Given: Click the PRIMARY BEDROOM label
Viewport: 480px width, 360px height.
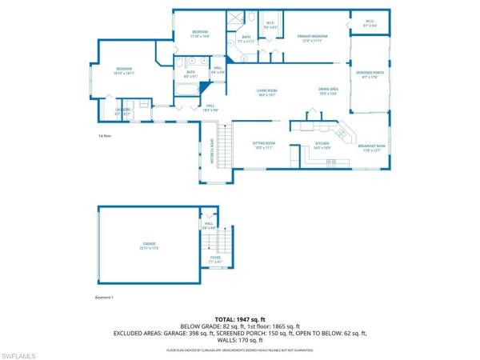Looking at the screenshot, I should click(x=314, y=37).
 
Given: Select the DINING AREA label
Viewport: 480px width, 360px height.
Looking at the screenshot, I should click(x=329, y=90).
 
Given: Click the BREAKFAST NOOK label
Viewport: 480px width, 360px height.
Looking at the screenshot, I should click(x=374, y=145).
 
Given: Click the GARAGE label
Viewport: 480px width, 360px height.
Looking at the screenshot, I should click(x=150, y=245).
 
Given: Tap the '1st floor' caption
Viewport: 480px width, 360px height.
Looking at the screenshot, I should click(x=103, y=135).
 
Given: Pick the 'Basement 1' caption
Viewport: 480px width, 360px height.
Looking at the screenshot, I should click(x=105, y=297).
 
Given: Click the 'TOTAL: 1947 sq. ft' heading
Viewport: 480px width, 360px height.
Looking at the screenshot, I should click(x=239, y=319).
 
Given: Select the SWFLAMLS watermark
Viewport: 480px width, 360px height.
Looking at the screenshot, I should click(x=19, y=351).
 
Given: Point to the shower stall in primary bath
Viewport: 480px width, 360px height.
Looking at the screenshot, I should click(x=238, y=19).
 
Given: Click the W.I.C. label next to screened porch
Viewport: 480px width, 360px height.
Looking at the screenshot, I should click(x=370, y=22).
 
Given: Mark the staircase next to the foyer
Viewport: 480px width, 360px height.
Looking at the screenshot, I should click(x=226, y=240).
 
